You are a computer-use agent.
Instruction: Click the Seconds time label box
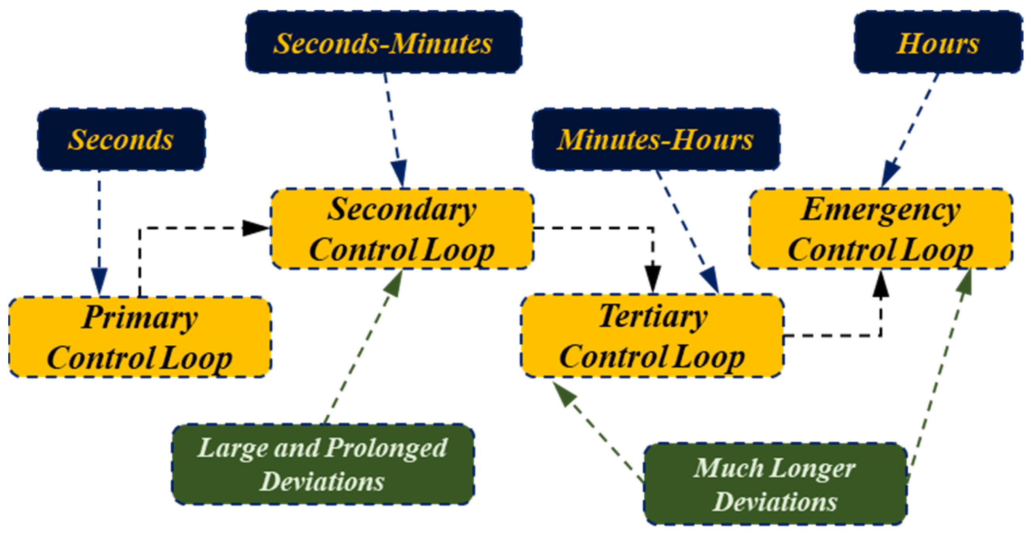[121, 140]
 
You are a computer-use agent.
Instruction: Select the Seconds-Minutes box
[383, 42]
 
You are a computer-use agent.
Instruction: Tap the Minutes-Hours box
[655, 140]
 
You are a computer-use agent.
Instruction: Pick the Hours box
[937, 42]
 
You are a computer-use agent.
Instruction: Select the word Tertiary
[653, 316]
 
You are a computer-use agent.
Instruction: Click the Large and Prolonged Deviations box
[323, 464]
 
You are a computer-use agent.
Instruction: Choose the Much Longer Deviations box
[774, 484]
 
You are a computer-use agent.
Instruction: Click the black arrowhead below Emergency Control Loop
[881, 285]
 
